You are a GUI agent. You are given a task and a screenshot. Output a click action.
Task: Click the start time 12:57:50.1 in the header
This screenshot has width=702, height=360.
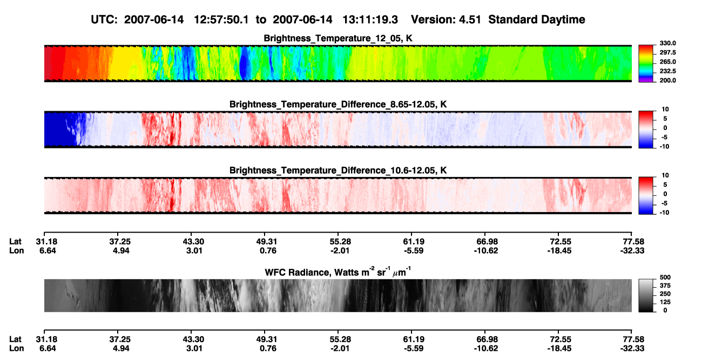click(221, 20)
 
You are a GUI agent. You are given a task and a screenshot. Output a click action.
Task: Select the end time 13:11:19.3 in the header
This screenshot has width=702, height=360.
click(370, 20)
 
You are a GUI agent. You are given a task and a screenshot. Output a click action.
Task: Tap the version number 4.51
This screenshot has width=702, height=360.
click(470, 20)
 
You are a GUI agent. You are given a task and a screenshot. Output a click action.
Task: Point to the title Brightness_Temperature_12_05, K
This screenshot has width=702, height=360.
click(338, 38)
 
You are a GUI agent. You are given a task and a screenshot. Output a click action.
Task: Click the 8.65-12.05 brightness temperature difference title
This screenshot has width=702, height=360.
click(338, 104)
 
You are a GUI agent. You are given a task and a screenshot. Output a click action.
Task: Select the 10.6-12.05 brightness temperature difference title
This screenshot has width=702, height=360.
click(338, 171)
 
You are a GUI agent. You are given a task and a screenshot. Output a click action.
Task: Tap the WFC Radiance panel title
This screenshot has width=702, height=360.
click(338, 272)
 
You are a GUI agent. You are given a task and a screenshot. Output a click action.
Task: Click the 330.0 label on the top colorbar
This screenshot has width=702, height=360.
click(667, 43)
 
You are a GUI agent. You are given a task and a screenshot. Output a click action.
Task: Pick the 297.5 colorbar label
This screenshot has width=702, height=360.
click(667, 52)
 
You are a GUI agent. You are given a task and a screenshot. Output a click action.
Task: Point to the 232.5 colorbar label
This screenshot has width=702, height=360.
click(667, 71)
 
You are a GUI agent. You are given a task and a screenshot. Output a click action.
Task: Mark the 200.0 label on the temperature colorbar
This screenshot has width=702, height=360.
click(667, 80)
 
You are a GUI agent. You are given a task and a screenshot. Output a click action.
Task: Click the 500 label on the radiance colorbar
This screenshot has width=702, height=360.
click(665, 277)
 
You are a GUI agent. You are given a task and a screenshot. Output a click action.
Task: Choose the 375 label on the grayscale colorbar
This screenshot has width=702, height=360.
click(665, 286)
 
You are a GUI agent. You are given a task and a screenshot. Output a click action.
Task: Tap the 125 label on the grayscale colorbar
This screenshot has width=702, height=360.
click(665, 302)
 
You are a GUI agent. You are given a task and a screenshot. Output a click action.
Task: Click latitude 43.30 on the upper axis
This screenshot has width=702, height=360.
click(193, 242)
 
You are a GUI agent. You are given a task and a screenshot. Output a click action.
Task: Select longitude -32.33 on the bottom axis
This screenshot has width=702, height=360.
click(632, 349)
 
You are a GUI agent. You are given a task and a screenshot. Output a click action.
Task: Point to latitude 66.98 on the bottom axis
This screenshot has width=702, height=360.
click(486, 339)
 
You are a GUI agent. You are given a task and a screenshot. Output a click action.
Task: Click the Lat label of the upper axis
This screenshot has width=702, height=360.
click(15, 242)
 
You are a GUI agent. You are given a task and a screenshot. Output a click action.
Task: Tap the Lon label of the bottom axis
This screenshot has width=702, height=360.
click(16, 349)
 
